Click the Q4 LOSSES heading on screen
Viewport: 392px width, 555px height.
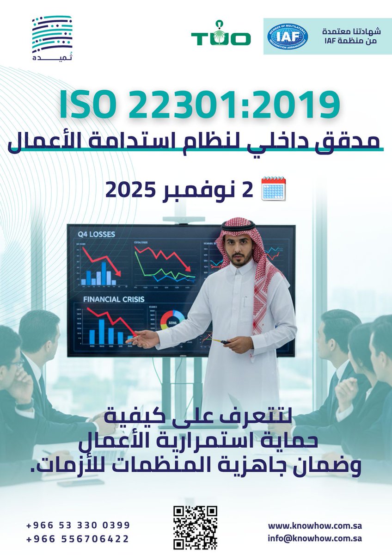click(x=96, y=235)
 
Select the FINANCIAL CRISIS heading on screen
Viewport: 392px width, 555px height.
click(x=113, y=299)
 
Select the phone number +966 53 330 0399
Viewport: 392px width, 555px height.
click(x=78, y=525)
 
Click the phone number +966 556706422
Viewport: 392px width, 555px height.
click(x=78, y=539)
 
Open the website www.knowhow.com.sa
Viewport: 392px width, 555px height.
click(x=314, y=526)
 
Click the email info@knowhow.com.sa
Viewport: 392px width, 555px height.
click(x=314, y=538)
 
